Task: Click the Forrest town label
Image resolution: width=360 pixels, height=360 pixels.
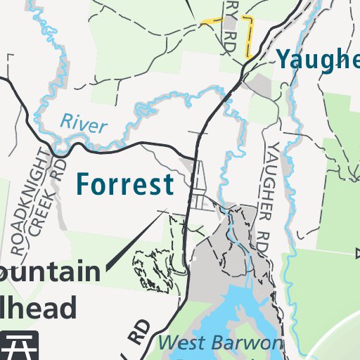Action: click(x=124, y=184)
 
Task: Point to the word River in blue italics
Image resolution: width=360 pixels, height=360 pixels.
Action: click(x=83, y=123)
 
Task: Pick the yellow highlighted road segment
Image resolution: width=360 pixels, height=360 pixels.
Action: click(x=247, y=38)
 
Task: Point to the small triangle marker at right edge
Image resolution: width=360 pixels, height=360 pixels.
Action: click(x=357, y=253)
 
